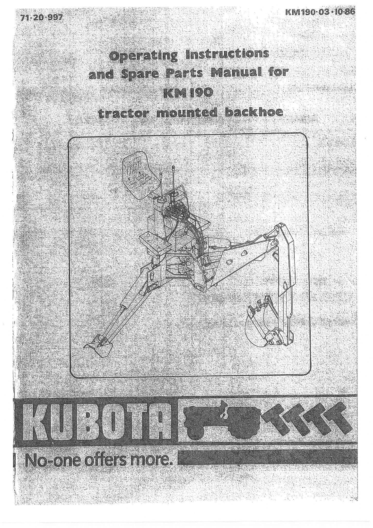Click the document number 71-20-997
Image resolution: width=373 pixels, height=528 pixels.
(x=41, y=18)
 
